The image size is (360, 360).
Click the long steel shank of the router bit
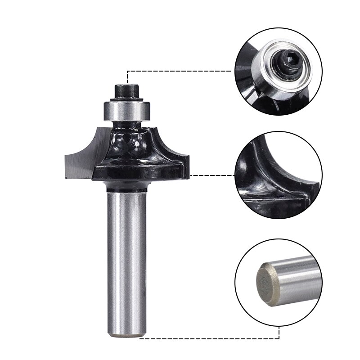tap(127, 261)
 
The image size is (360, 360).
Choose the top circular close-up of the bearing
tap(278, 72)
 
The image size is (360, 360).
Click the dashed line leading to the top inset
tap(180, 71)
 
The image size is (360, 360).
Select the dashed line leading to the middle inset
tap(211, 175)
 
